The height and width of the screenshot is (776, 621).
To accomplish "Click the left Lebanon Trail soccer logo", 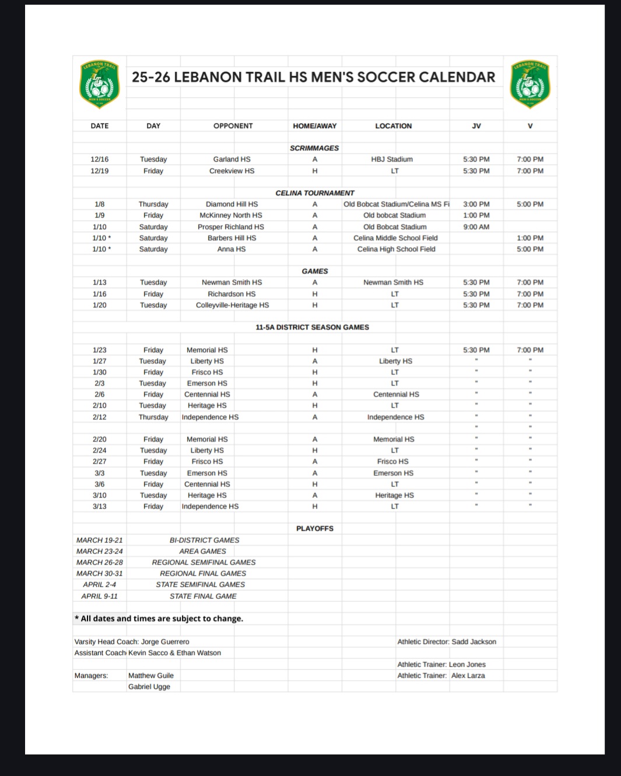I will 99,85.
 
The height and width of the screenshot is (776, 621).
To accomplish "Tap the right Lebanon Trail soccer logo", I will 529,85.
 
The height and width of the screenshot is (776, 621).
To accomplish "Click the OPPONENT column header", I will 233,126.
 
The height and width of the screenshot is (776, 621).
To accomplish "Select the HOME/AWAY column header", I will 314,126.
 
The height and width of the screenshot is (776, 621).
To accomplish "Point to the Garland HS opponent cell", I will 231,159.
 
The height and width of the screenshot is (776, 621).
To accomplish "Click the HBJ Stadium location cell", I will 392,159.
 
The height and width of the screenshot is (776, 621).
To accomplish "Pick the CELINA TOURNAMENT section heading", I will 314,193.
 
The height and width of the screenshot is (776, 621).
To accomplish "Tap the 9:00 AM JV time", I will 476,227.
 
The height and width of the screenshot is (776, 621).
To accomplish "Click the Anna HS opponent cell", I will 231,249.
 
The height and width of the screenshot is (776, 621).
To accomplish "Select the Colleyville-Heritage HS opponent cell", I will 232,305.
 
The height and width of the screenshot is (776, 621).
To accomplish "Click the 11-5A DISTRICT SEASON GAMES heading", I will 312,327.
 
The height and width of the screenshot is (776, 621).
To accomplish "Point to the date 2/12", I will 99,417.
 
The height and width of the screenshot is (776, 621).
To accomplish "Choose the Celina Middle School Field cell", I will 395,238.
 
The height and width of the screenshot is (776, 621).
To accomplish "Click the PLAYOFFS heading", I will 314,529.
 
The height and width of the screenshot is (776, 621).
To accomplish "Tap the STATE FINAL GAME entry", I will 203,596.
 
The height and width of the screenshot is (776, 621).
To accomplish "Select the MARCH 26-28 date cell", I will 99,562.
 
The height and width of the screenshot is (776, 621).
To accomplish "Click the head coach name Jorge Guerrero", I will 165,642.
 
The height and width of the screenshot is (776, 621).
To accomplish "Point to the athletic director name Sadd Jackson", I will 473,642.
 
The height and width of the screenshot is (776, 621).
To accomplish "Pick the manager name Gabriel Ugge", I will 149,687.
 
